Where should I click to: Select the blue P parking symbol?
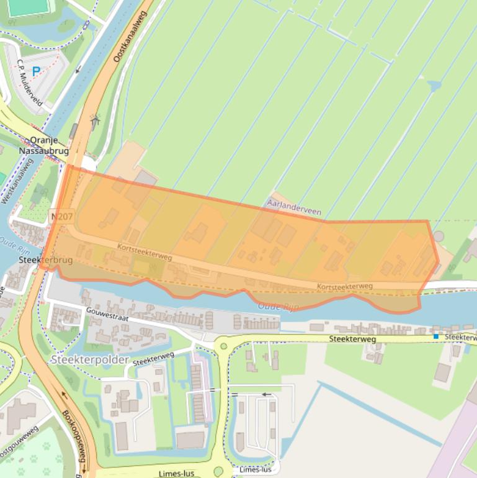tap(36, 71)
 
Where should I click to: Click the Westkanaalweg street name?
tap(17, 181)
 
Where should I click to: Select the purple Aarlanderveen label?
tap(293, 207)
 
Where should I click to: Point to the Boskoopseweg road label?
tap(73, 434)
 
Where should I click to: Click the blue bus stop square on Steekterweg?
tap(436, 336)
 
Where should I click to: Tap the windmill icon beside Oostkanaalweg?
tap(94, 120)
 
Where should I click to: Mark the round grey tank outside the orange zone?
tap(439, 237)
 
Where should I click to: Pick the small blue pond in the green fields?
tap(434, 86)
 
